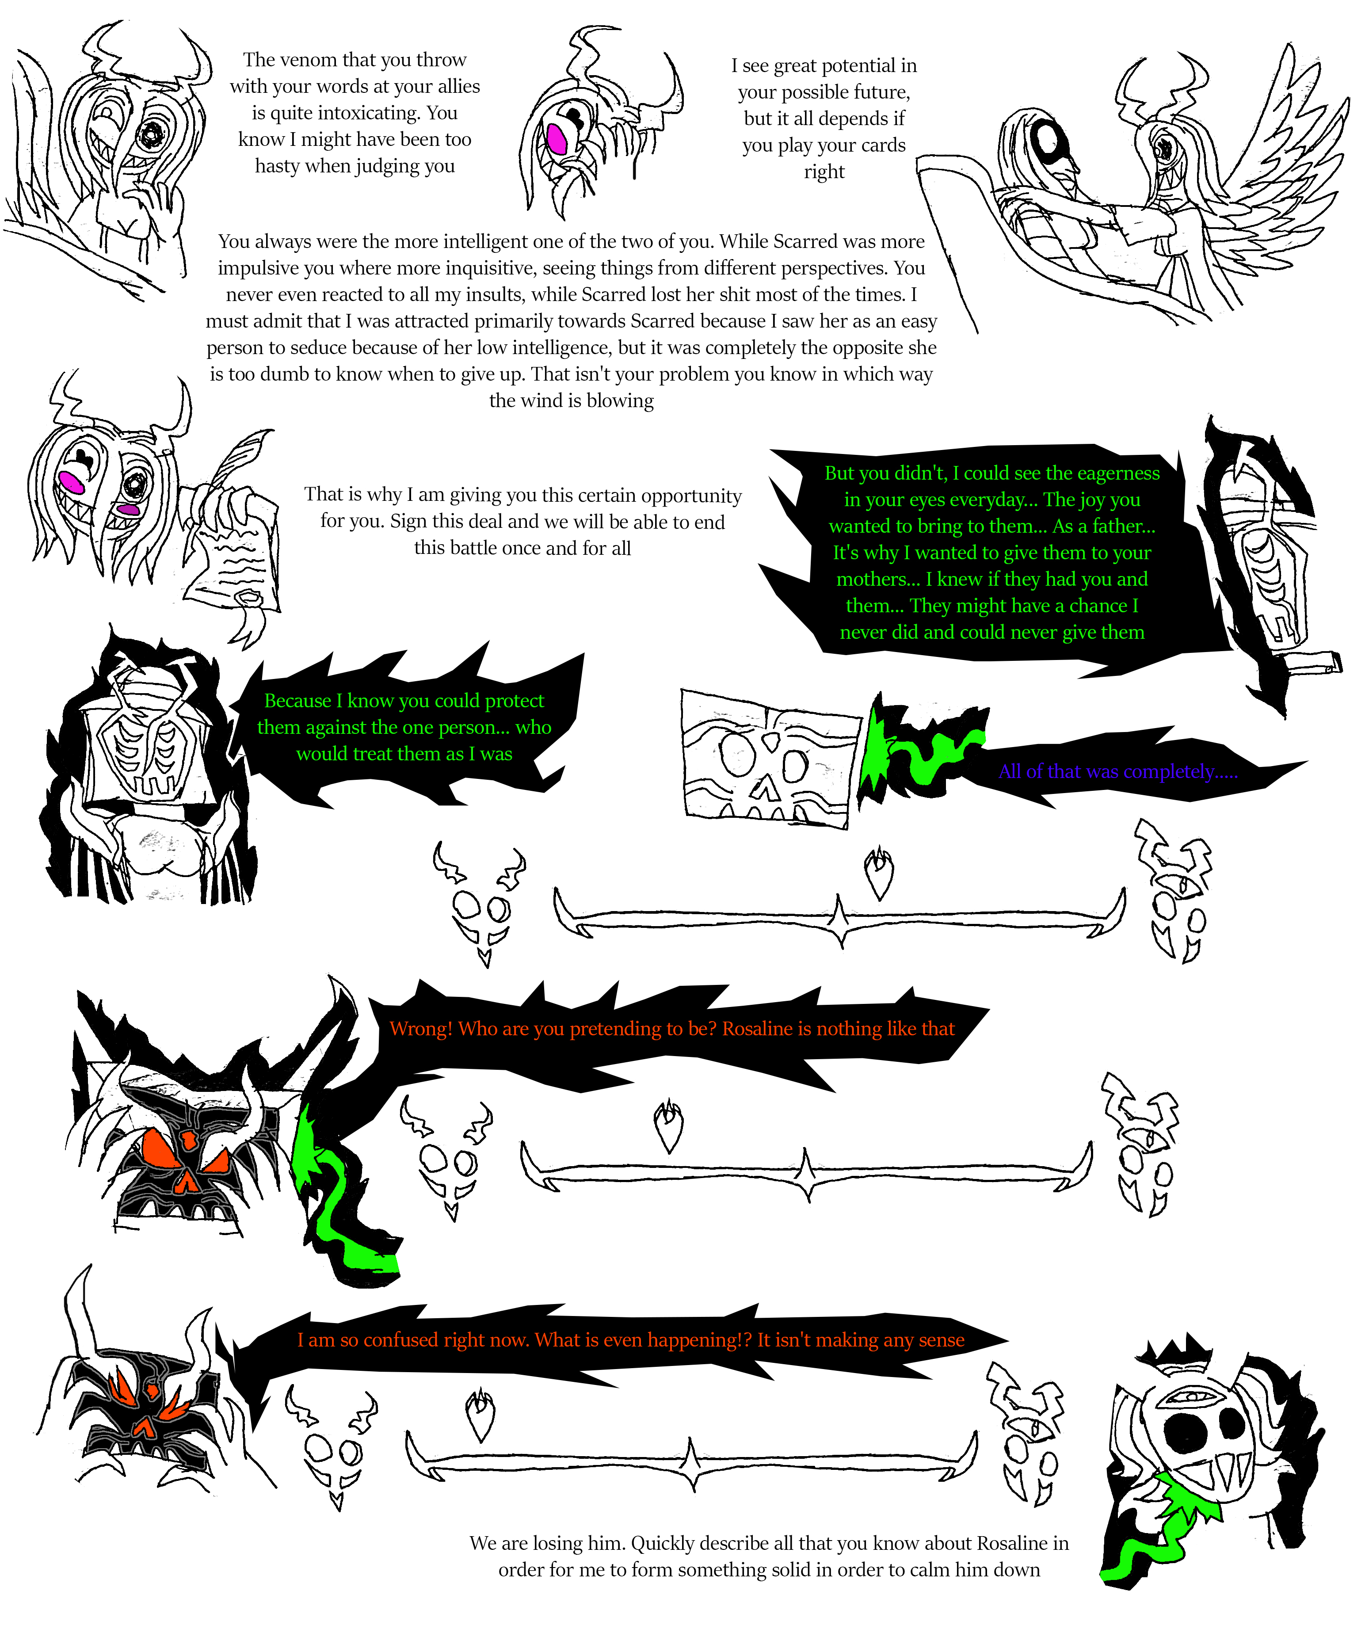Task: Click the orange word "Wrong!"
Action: point(421,1029)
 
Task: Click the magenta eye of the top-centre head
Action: point(557,139)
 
